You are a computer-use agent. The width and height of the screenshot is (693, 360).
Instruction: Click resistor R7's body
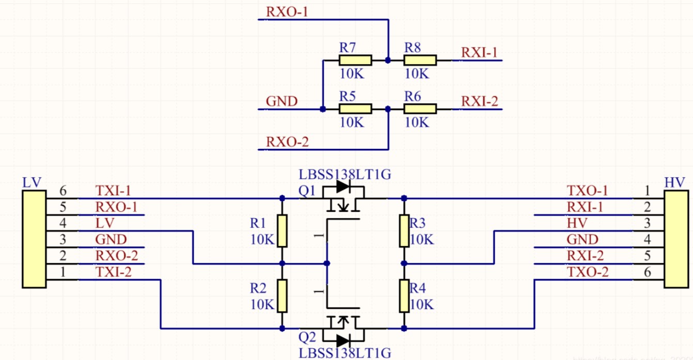pyautogui.click(x=355, y=60)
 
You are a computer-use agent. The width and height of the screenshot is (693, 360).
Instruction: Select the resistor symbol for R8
pyautogui.click(x=420, y=60)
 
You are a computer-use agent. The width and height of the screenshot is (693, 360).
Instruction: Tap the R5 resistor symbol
pyautogui.click(x=355, y=108)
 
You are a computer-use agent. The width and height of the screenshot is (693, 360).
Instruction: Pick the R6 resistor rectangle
pyautogui.click(x=420, y=108)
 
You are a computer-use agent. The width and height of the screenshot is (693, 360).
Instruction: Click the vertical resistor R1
pyautogui.click(x=282, y=230)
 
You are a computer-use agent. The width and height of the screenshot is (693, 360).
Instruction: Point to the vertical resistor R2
pyautogui.click(x=282, y=296)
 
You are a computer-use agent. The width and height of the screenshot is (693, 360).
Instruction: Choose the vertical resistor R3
pyautogui.click(x=404, y=230)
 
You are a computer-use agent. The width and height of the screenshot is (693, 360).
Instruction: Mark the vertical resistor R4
pyautogui.click(x=404, y=296)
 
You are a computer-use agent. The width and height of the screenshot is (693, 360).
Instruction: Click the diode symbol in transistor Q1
pyautogui.click(x=343, y=186)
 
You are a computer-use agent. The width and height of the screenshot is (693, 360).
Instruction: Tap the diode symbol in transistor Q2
pyautogui.click(x=343, y=340)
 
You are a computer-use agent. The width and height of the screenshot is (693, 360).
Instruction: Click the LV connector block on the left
pyautogui.click(x=34, y=238)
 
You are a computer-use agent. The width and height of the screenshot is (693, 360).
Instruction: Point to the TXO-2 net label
pyautogui.click(x=588, y=272)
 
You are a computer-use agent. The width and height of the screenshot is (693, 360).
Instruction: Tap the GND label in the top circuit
pyautogui.click(x=281, y=101)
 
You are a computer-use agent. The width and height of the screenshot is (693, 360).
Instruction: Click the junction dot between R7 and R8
pyautogui.click(x=387, y=60)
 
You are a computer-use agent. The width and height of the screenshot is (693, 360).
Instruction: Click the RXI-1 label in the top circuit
pyautogui.click(x=479, y=53)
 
